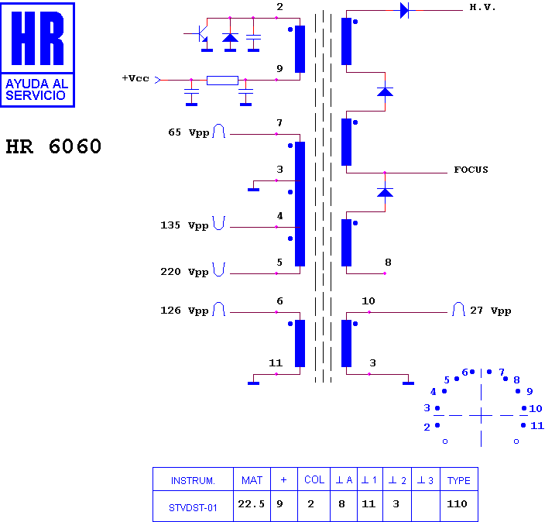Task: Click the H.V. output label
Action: pyautogui.click(x=482, y=7)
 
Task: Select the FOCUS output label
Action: pyautogui.click(x=471, y=170)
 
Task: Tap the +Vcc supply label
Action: pyautogui.click(x=135, y=78)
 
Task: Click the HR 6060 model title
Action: pyautogui.click(x=53, y=146)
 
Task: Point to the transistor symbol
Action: pyautogui.click(x=201, y=34)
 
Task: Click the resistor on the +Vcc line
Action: pyautogui.click(x=222, y=81)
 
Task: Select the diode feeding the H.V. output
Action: pyautogui.click(x=404, y=10)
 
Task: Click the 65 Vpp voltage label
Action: pyautogui.click(x=189, y=132)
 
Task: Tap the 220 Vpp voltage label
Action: pyautogui.click(x=184, y=272)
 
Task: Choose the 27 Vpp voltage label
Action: pyautogui.click(x=491, y=311)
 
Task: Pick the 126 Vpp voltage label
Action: pyautogui.click(x=184, y=311)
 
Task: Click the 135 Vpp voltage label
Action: pyautogui.click(x=184, y=225)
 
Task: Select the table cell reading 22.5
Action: pyautogui.click(x=252, y=504)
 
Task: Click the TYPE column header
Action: pyautogui.click(x=459, y=481)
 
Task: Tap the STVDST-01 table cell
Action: pyautogui.click(x=193, y=508)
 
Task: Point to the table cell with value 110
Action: pyautogui.click(x=457, y=504)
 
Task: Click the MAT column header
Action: pyautogui.click(x=252, y=481)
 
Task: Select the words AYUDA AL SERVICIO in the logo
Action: pyautogui.click(x=37, y=90)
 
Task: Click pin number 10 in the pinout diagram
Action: pyautogui.click(x=536, y=409)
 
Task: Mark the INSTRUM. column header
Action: pyautogui.click(x=193, y=481)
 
